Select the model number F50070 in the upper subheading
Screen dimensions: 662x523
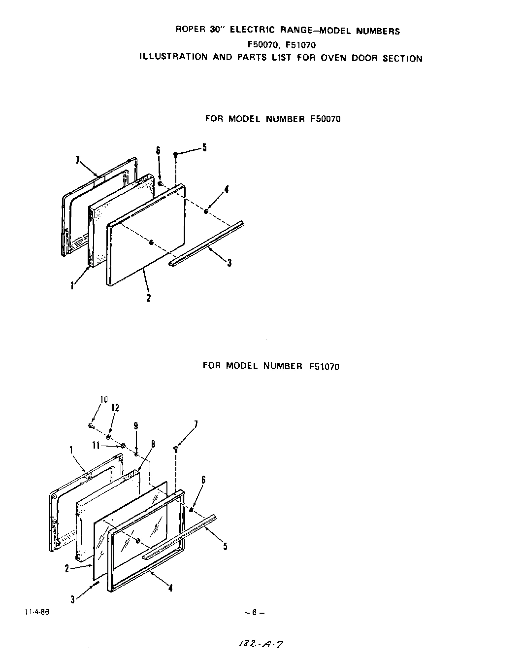click(x=325, y=119)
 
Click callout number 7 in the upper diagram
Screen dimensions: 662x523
click(x=77, y=159)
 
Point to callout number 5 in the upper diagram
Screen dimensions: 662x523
click(x=204, y=147)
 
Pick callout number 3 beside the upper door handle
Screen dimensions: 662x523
click(x=229, y=263)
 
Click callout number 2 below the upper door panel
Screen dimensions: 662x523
click(x=148, y=297)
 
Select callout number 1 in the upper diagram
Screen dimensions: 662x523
click(x=72, y=285)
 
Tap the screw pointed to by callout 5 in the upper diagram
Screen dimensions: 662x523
click(x=175, y=154)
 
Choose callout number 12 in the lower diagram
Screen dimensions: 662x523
click(x=115, y=408)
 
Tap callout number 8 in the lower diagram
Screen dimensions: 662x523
click(x=153, y=444)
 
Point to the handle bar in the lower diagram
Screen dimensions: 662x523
click(x=180, y=537)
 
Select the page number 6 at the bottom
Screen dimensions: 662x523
click(x=254, y=613)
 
